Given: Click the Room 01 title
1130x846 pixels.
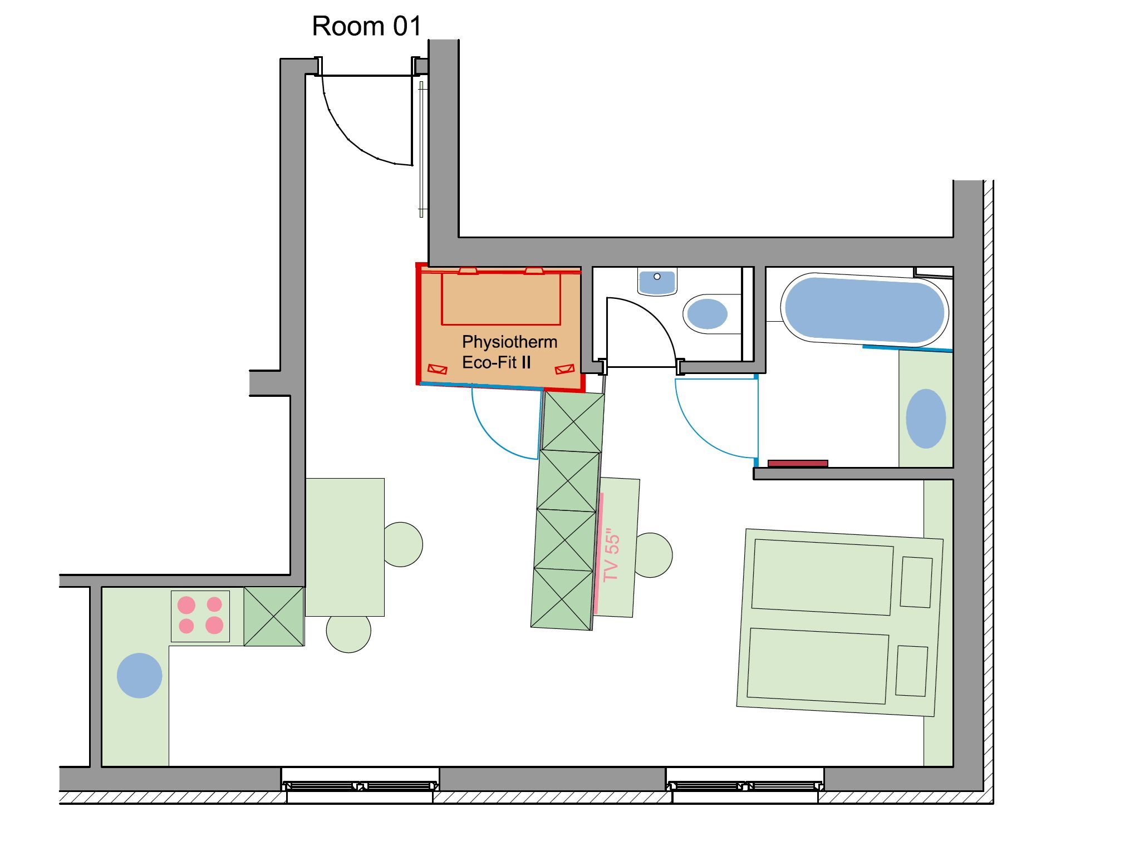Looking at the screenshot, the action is [x=366, y=26].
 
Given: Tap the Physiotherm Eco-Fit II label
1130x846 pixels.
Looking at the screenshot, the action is [x=509, y=352].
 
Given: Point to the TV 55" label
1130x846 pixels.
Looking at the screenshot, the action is [x=611, y=555].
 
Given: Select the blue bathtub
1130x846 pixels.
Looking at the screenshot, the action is [x=864, y=309].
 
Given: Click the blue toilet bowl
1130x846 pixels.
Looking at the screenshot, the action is [x=707, y=313].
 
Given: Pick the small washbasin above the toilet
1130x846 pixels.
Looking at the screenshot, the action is [x=657, y=282].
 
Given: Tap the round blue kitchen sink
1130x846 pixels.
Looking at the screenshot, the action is [x=139, y=675].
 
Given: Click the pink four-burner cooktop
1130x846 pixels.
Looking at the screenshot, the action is [x=200, y=616].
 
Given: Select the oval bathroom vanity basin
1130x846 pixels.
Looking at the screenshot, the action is [x=926, y=419].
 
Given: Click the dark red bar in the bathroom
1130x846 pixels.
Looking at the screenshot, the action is [x=798, y=464].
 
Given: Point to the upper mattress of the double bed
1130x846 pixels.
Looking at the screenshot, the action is [x=823, y=577].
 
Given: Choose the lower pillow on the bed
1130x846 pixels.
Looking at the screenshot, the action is [x=911, y=671].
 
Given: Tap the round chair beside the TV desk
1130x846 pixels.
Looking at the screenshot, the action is [x=654, y=555].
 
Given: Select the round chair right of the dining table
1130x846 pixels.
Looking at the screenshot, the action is [x=403, y=544].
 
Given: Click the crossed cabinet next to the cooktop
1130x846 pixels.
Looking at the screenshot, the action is [x=274, y=616].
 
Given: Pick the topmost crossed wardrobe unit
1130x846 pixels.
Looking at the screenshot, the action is [x=573, y=422].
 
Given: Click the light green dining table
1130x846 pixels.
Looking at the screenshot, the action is [x=345, y=547].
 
